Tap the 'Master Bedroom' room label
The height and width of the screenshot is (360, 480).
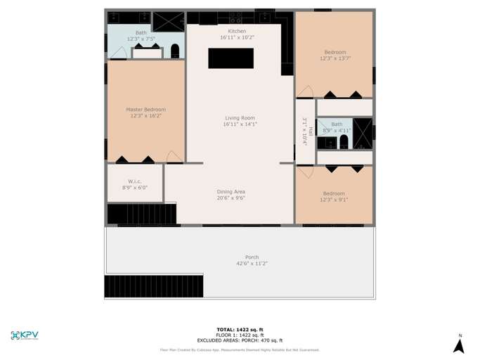tap(145, 110)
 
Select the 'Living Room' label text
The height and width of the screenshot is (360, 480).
tap(240, 117)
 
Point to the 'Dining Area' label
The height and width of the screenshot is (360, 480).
tap(231, 191)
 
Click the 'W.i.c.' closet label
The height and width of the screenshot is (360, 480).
tap(135, 181)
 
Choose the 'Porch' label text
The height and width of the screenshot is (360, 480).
tap(252, 257)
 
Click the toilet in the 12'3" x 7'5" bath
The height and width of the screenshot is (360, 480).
tap(175, 51)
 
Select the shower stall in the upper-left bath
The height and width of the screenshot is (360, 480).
tap(168, 21)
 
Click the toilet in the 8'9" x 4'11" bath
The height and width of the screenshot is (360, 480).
tap(344, 143)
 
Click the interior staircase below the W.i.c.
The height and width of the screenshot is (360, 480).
tap(141, 214)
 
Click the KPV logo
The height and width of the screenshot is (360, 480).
tap(25, 335)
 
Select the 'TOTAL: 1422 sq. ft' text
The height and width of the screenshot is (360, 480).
tap(240, 329)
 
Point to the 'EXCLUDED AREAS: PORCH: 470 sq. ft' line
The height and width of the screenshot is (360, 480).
tap(240, 340)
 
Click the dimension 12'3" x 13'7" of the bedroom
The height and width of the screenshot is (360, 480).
tap(335, 58)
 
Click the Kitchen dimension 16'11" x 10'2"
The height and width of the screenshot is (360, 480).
tap(238, 37)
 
